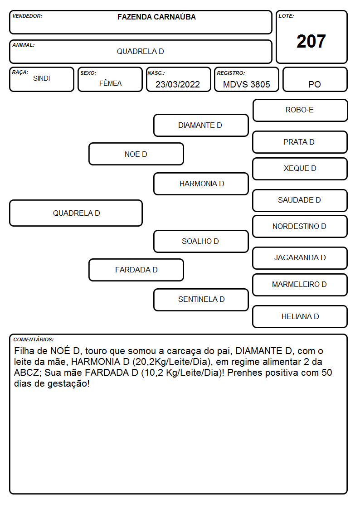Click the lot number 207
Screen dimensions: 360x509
click(311, 41)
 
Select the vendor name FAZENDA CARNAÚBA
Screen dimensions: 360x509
click(156, 17)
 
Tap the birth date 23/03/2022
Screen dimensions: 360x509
click(178, 84)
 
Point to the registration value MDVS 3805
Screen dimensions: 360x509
click(246, 84)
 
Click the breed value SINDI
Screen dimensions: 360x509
click(42, 78)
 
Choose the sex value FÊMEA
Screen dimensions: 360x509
click(110, 83)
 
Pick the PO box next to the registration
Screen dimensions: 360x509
click(315, 79)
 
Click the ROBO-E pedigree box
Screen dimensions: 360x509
click(300, 111)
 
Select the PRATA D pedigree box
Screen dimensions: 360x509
click(300, 142)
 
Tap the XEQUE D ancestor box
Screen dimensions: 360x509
click(300, 169)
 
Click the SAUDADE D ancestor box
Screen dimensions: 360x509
click(300, 200)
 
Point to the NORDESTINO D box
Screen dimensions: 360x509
click(300, 226)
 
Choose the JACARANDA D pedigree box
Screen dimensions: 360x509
click(300, 258)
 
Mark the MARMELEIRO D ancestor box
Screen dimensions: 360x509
click(300, 285)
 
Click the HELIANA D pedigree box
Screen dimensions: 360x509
click(300, 316)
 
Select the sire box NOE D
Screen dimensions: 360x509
click(136, 154)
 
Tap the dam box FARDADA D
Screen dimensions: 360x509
click(136, 270)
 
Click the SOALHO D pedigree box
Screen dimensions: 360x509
click(201, 241)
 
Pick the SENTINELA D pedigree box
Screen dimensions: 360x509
click(201, 300)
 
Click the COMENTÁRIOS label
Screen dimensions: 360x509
click(34, 339)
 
